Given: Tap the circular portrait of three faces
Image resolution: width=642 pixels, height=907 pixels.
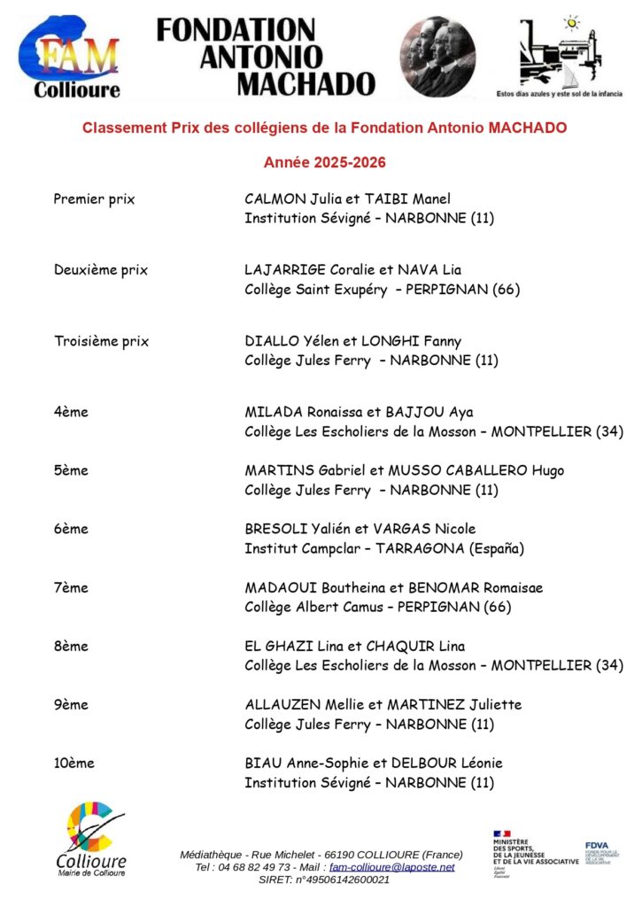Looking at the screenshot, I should tap(437, 56).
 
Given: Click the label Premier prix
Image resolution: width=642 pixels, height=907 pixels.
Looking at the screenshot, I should tap(94, 199).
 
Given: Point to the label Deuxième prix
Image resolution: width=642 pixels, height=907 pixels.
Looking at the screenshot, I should tap(100, 270).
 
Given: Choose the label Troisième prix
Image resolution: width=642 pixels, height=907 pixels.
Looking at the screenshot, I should tap(101, 341).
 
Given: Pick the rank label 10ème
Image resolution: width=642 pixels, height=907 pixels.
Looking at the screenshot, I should tap(73, 763).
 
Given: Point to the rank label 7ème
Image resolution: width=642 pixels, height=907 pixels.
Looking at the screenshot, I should tap(71, 588).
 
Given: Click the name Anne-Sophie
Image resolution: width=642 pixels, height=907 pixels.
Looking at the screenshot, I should tap(321, 763).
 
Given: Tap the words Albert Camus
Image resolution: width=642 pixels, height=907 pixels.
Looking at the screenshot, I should tap(338, 608).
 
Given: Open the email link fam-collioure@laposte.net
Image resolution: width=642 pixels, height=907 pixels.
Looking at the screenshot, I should tap(391, 867).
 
